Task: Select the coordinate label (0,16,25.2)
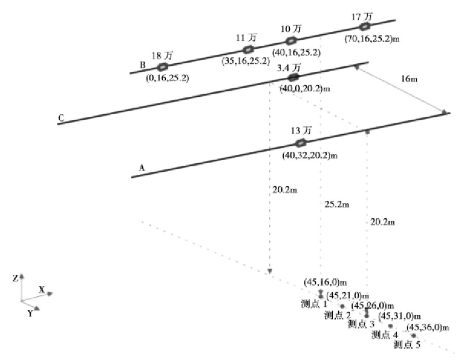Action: click(x=167, y=78)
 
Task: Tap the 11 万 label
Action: click(x=247, y=38)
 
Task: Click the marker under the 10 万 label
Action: click(x=290, y=41)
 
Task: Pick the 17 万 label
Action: click(x=362, y=16)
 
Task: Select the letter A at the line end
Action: click(x=142, y=167)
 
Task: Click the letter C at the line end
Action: click(x=61, y=118)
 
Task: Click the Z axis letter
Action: click(x=15, y=279)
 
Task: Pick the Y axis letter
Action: click(x=30, y=314)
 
